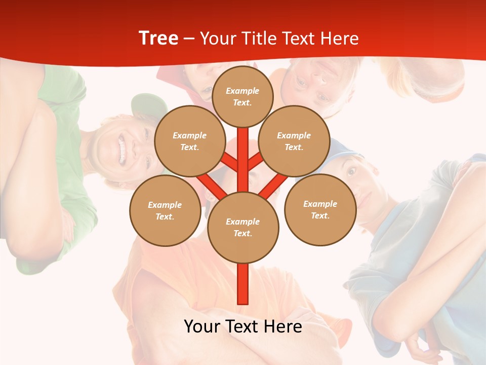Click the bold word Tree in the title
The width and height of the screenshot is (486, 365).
pyautogui.click(x=158, y=39)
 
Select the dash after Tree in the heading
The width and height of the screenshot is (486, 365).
pyautogui.click(x=189, y=39)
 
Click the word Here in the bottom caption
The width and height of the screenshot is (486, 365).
pyautogui.click(x=282, y=326)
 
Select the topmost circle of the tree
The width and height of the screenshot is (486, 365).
pyautogui.click(x=242, y=96)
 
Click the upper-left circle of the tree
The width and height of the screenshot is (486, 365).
pyautogui.click(x=189, y=141)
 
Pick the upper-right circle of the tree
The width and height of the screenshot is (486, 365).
pyautogui.click(x=294, y=141)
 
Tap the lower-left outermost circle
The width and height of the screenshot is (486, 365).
pyautogui.click(x=165, y=210)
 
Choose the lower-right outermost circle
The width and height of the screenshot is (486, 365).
pyautogui.click(x=320, y=209)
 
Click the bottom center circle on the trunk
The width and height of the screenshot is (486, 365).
pyautogui.click(x=242, y=227)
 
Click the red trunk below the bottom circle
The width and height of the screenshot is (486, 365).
pyautogui.click(x=242, y=284)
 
